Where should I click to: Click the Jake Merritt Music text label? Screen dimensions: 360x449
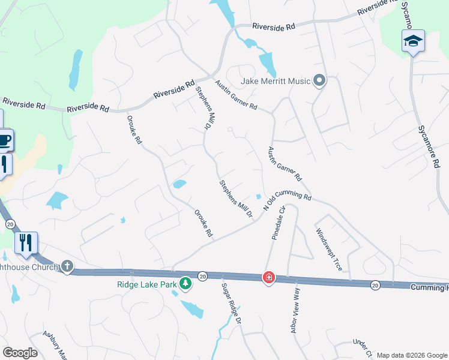tap(276, 81)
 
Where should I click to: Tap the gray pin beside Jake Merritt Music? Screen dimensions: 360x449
tap(319, 80)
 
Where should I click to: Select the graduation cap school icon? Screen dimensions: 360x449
tap(413, 41)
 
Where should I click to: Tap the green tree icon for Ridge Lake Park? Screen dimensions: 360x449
tap(186, 283)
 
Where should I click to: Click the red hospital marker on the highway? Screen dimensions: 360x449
tap(269, 278)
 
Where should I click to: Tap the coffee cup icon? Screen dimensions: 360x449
tap(4, 140)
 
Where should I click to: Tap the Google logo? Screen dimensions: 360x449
tap(19, 352)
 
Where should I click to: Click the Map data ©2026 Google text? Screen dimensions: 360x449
tap(412, 355)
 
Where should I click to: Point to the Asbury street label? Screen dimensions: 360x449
tap(54, 343)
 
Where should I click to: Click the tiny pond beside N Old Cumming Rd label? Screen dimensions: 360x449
tap(258, 196)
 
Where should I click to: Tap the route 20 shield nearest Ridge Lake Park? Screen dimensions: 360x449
tap(202, 276)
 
